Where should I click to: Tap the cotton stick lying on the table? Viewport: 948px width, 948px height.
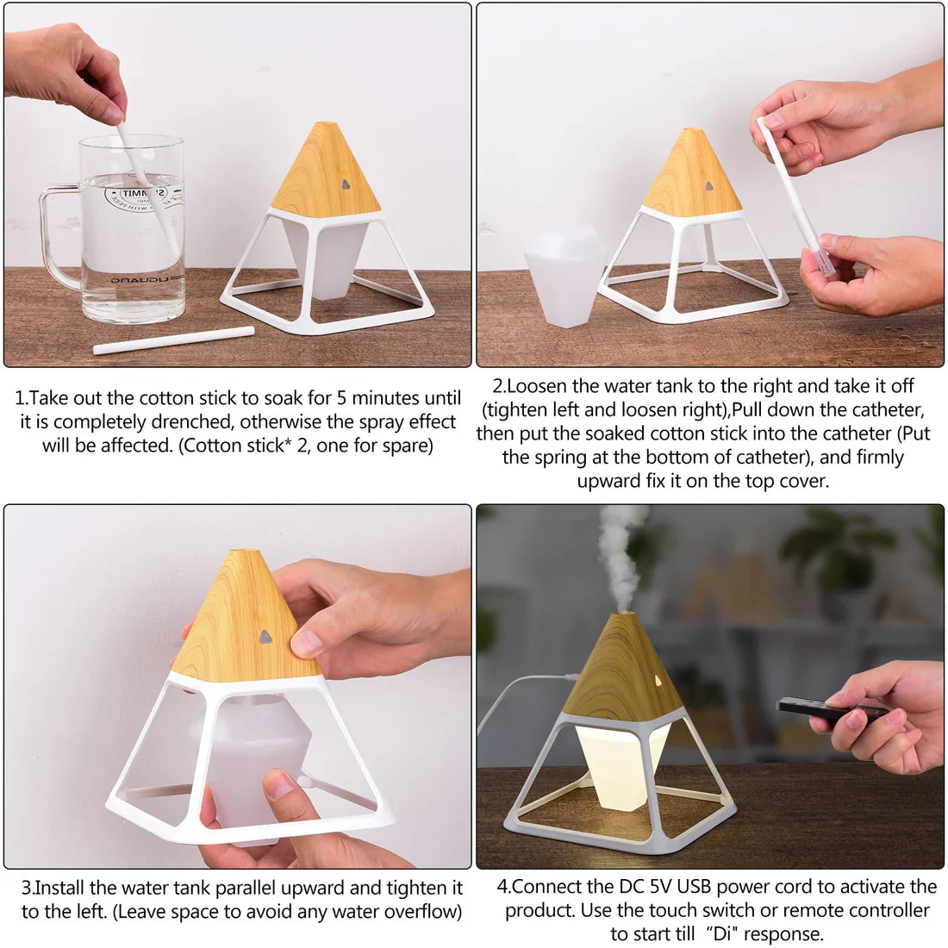click(173, 340)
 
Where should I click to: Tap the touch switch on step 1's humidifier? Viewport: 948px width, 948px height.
click(345, 184)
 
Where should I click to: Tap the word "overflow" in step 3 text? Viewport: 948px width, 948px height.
click(423, 911)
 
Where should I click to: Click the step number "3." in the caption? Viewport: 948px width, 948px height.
click(28, 888)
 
